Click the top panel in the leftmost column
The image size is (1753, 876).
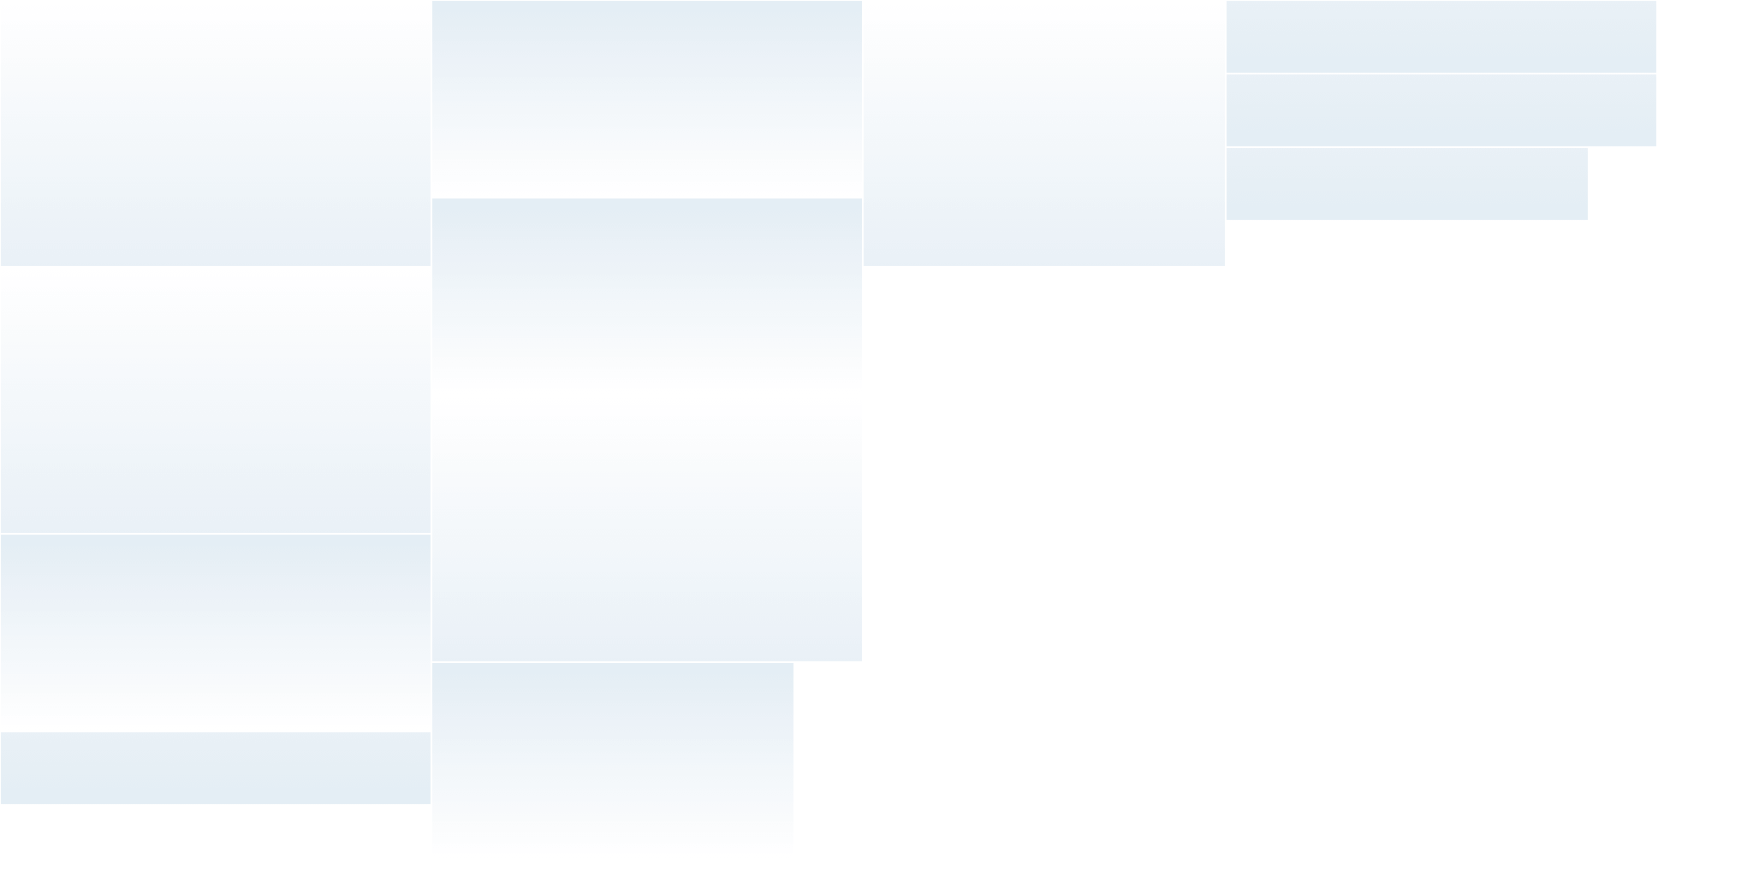click(215, 137)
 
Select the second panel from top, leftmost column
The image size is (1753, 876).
click(215, 402)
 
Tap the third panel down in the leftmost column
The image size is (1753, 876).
click(215, 630)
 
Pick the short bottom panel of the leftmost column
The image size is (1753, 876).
click(215, 768)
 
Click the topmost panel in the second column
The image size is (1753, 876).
click(646, 96)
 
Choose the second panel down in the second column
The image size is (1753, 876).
click(646, 293)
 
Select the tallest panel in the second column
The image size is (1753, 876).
click(646, 530)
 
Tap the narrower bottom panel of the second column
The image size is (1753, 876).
click(612, 758)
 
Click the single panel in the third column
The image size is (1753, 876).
click(1043, 137)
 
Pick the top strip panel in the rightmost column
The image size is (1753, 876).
click(1441, 37)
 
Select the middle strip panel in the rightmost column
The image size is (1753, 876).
click(1441, 110)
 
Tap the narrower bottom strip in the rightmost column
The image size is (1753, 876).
click(1406, 184)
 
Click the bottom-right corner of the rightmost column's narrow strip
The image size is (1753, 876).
click(1586, 219)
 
